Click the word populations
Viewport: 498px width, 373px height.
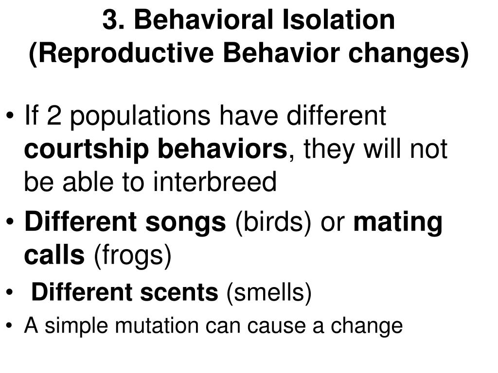click(x=141, y=118)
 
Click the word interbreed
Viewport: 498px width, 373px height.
click(x=215, y=183)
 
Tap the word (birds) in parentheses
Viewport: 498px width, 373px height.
click(x=273, y=222)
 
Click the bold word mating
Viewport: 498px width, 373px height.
click(x=398, y=222)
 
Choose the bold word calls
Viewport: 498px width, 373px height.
click(x=54, y=255)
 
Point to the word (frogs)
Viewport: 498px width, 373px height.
click(x=132, y=255)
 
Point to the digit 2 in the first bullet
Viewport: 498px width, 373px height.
click(x=55, y=118)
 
